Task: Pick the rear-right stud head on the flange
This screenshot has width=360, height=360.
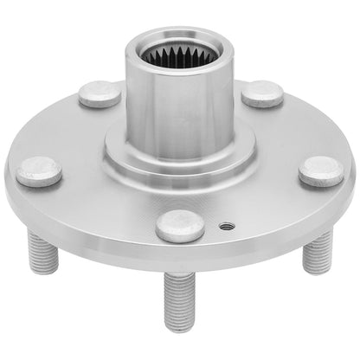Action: point(263,93)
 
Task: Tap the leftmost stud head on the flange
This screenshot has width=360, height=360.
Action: point(39,171)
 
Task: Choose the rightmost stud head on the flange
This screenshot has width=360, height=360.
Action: point(322,171)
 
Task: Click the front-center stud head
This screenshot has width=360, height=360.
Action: point(180,226)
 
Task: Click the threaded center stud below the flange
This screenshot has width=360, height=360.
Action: point(178,299)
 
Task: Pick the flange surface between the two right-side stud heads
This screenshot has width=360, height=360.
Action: point(290,130)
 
